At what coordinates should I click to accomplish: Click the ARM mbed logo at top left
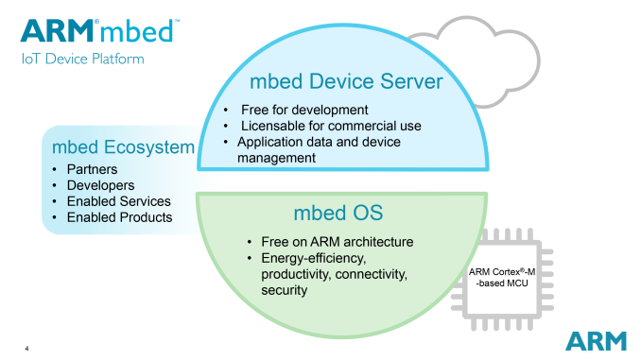(x=97, y=31)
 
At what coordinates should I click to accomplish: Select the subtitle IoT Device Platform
(x=81, y=59)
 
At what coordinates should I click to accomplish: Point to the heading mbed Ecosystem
(x=123, y=147)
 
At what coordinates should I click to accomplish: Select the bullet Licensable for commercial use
(x=330, y=126)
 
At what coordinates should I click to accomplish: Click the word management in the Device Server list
(x=276, y=158)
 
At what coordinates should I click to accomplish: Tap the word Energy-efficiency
(x=306, y=258)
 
